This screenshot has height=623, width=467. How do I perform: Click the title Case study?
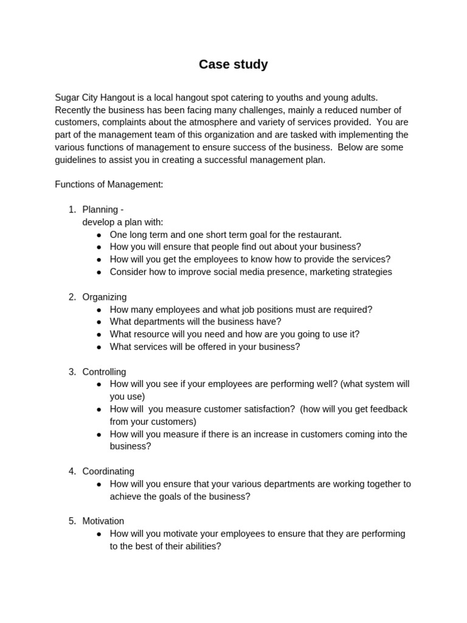(x=233, y=64)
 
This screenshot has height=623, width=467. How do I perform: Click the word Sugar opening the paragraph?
(x=67, y=97)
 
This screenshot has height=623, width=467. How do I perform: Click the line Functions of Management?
(x=109, y=184)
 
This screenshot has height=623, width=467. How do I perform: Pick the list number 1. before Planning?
(x=72, y=210)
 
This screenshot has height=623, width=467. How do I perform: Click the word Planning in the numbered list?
(x=100, y=210)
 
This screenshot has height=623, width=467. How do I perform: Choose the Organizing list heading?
(x=105, y=297)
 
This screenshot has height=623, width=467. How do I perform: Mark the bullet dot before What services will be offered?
(x=99, y=347)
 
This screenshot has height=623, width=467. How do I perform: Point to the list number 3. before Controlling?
(x=72, y=372)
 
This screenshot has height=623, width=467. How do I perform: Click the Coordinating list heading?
(x=108, y=472)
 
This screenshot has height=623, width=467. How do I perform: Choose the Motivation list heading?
(x=103, y=521)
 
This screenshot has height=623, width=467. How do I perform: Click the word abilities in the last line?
(x=198, y=546)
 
